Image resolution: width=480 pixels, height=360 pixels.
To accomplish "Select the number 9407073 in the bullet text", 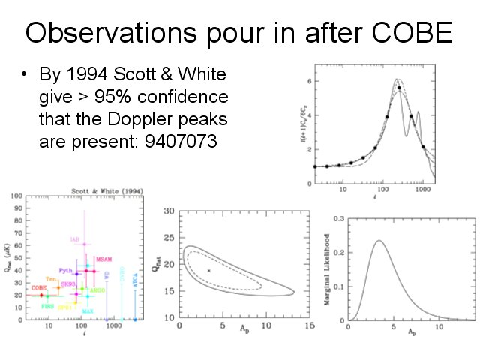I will coord(178,140).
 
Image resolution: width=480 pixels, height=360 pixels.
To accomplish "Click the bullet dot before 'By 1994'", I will coord(25,76).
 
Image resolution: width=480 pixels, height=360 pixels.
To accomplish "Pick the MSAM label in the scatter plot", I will coord(104,259).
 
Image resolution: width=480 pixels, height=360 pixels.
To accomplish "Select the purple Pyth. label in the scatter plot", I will coord(65,270).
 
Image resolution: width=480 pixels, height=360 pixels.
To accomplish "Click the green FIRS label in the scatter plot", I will coord(47,306).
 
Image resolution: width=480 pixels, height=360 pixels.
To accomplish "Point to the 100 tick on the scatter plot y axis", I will coord(16,196).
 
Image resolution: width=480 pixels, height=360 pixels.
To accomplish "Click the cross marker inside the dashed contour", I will coord(208,270).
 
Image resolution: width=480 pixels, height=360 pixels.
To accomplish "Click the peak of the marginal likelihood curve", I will coord(378,241).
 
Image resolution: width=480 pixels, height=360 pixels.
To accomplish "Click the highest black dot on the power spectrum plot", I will coord(399,88).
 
